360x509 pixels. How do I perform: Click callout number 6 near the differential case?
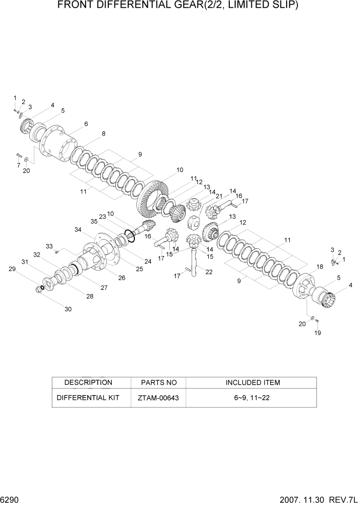tap(86, 124)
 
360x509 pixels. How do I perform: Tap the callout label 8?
tap(104, 134)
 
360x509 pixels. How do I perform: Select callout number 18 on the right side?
tap(319, 267)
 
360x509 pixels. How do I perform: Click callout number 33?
tap(49, 246)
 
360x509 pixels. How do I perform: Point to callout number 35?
tap(94, 222)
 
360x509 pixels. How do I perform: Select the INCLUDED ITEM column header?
tap(253, 383)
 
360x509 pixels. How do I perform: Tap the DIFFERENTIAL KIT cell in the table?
tap(88, 398)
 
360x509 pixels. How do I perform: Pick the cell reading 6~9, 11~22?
tap(253, 398)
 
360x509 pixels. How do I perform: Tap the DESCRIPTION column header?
tap(88, 383)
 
